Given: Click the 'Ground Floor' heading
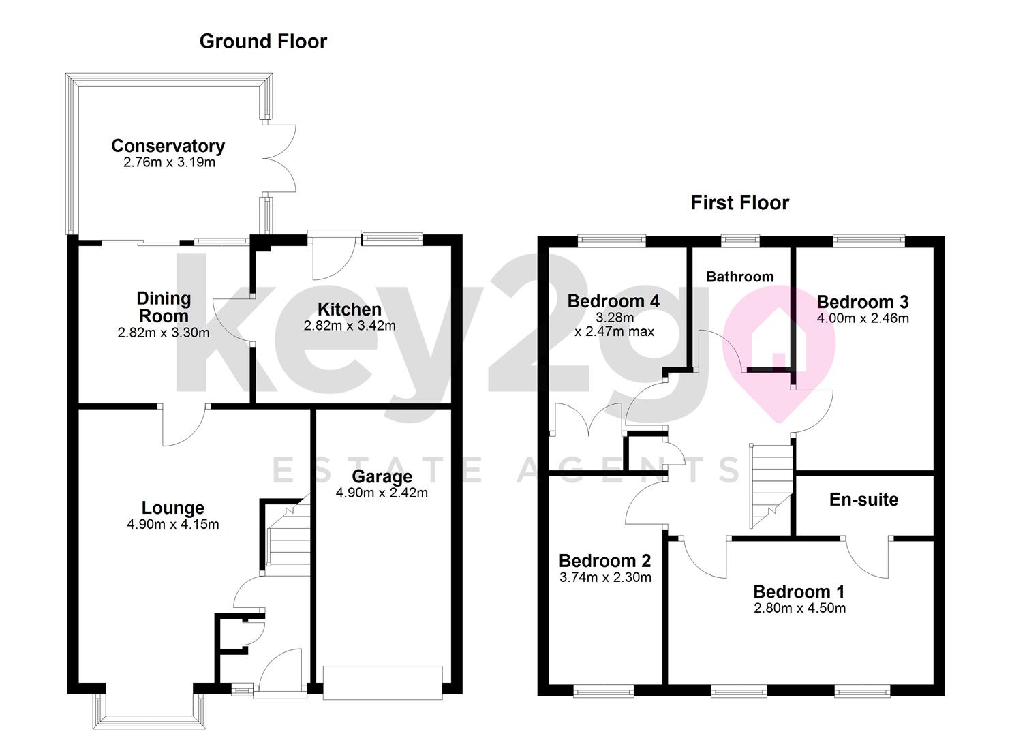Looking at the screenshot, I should click(263, 42).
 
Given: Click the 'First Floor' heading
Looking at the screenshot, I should click(739, 203).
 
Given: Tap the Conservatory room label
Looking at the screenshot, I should click(168, 146).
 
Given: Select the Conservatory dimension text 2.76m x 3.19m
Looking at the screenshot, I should click(169, 163).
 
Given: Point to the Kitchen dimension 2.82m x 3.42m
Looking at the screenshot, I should click(349, 326).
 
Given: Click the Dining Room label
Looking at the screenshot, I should click(164, 307).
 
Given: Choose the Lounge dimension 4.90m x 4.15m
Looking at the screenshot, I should click(172, 525).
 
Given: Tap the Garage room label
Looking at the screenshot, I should click(382, 476).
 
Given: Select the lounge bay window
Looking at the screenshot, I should click(149, 713).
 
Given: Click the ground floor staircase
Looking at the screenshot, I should click(287, 536).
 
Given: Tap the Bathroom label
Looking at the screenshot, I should click(739, 277).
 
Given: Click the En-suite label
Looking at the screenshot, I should click(863, 500).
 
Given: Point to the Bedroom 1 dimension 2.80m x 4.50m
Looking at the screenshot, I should click(799, 609).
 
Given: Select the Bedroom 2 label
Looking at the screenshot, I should click(604, 561).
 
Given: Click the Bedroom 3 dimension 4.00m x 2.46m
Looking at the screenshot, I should click(862, 318).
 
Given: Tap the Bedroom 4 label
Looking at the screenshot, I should click(613, 301).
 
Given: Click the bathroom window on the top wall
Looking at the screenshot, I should click(740, 240).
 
